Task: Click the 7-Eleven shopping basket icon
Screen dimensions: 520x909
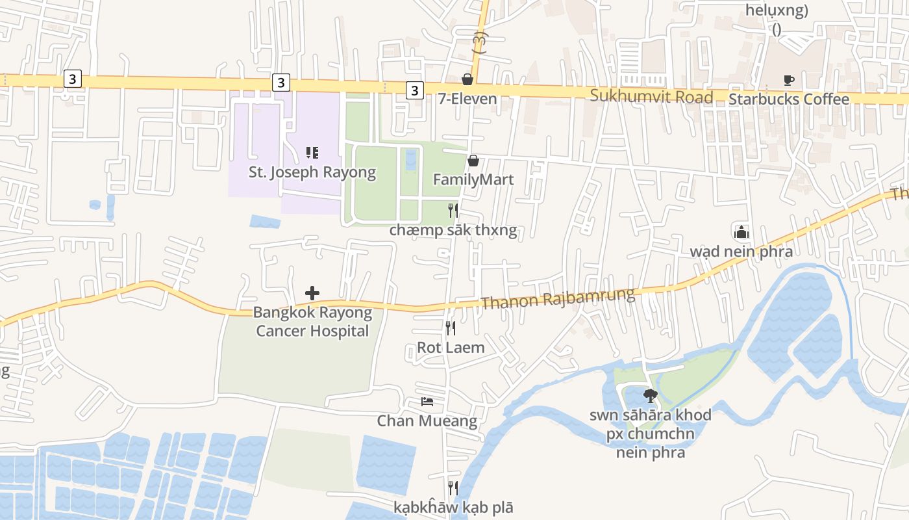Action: click(467, 79)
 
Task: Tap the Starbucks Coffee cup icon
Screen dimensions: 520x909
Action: click(789, 80)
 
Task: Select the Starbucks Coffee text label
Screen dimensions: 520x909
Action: click(789, 99)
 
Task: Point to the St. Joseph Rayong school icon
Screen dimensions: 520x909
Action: click(312, 153)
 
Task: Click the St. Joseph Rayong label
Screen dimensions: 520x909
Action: click(312, 172)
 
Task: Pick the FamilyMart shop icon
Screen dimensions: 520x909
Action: click(474, 161)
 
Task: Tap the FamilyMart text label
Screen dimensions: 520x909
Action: click(473, 179)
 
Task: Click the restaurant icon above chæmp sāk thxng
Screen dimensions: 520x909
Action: click(453, 211)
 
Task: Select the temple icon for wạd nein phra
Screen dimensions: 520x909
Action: click(741, 232)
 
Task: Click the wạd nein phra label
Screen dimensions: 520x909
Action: click(741, 252)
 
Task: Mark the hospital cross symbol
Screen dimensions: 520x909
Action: click(312, 293)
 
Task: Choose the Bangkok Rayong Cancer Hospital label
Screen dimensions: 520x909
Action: click(312, 322)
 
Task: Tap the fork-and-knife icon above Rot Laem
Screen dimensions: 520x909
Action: click(451, 328)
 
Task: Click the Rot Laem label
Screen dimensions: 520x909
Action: click(451, 348)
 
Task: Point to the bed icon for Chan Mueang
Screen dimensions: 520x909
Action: click(427, 402)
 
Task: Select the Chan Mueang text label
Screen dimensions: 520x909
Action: click(427, 421)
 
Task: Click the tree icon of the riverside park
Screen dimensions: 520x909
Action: click(650, 395)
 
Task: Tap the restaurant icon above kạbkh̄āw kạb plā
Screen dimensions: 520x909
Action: click(453, 487)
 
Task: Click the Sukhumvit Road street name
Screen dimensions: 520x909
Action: click(651, 97)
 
